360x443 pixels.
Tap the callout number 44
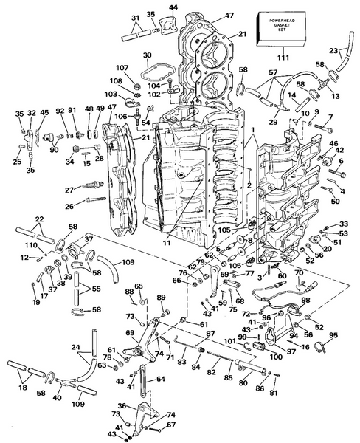coord(173,7)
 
